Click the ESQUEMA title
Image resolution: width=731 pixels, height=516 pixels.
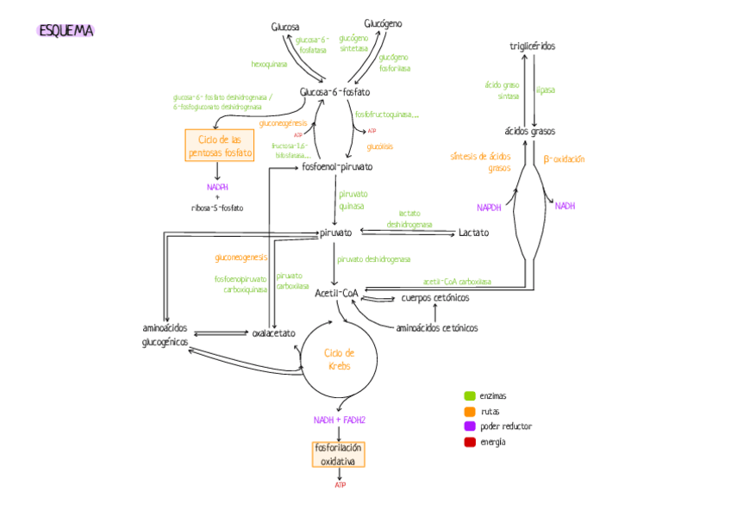click(x=66, y=31)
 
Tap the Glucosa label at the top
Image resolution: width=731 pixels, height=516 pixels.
click(x=285, y=28)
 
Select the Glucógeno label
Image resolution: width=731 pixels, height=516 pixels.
click(x=383, y=23)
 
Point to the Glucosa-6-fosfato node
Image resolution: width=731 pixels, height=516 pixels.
click(x=335, y=92)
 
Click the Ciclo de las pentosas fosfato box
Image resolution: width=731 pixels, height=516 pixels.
click(x=220, y=146)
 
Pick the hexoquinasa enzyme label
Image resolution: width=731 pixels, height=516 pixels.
click(x=270, y=64)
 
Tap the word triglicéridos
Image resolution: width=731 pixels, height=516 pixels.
click(x=533, y=46)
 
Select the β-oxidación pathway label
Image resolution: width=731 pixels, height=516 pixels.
click(x=564, y=159)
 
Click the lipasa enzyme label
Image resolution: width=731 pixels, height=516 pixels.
click(x=546, y=90)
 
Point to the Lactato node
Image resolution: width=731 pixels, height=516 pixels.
click(x=473, y=233)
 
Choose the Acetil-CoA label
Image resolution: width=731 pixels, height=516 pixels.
click(x=336, y=293)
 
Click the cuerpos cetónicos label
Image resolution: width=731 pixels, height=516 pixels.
click(x=435, y=298)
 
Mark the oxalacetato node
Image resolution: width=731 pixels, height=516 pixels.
click(x=274, y=333)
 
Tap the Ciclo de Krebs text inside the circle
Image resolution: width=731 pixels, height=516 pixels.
click(x=339, y=359)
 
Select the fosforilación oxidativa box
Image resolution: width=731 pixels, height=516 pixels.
click(x=339, y=455)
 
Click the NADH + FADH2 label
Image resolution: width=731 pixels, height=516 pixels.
click(x=339, y=420)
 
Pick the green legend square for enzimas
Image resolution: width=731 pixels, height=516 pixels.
click(x=470, y=396)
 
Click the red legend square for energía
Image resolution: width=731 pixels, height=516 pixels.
click(x=470, y=442)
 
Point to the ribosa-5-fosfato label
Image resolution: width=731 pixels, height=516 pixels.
click(x=217, y=208)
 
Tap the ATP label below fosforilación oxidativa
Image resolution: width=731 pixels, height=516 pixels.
click(x=340, y=486)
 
